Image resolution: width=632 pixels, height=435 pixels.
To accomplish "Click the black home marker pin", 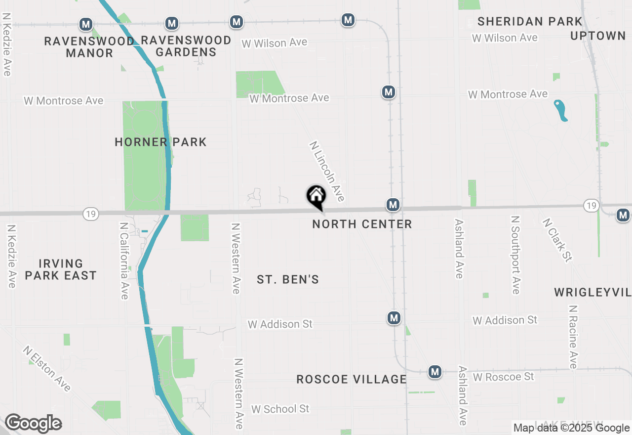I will [316, 197].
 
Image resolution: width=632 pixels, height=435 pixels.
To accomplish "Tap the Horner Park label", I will [160, 142].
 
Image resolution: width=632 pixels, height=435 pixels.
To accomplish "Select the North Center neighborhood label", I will [362, 224].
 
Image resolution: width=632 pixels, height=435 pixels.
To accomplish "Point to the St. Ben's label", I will [288, 280].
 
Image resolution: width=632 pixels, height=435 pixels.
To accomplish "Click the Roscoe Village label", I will [352, 379].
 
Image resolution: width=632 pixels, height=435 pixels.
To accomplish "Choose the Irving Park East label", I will [61, 269].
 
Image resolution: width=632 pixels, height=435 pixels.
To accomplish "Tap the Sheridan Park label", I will [530, 22].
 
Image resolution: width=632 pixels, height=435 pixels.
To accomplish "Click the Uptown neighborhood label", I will [598, 36].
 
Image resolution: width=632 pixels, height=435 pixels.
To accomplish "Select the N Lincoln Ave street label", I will [326, 172].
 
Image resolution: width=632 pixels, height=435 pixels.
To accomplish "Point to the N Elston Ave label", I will [47, 369].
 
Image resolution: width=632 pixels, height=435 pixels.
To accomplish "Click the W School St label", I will [280, 409].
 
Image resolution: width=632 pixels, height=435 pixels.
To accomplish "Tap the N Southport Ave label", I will [516, 255].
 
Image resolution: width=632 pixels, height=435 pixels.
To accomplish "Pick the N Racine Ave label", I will [573, 337].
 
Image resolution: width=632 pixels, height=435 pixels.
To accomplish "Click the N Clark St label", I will [557, 240].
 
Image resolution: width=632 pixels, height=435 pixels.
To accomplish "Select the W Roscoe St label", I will [503, 377].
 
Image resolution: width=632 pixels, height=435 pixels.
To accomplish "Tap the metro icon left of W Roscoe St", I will [435, 372].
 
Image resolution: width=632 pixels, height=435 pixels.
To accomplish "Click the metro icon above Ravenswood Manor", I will [86, 24].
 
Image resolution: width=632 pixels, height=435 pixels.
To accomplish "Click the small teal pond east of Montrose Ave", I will [560, 110].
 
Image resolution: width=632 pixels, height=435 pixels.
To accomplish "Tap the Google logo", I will [33, 424].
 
